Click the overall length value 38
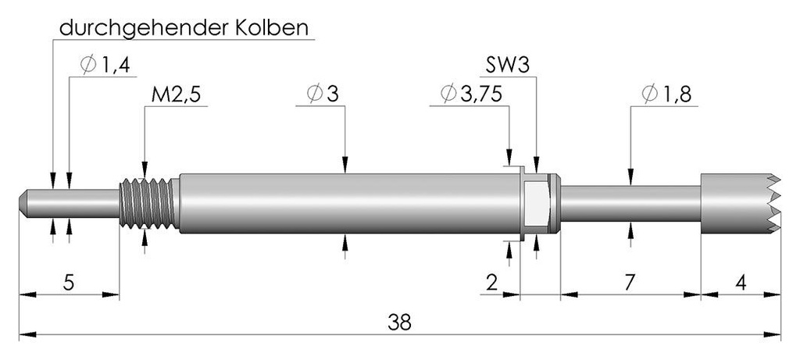399,322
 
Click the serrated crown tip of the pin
740,204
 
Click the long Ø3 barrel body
349,204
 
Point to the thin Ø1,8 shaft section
630,204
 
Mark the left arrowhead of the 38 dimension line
27,335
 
